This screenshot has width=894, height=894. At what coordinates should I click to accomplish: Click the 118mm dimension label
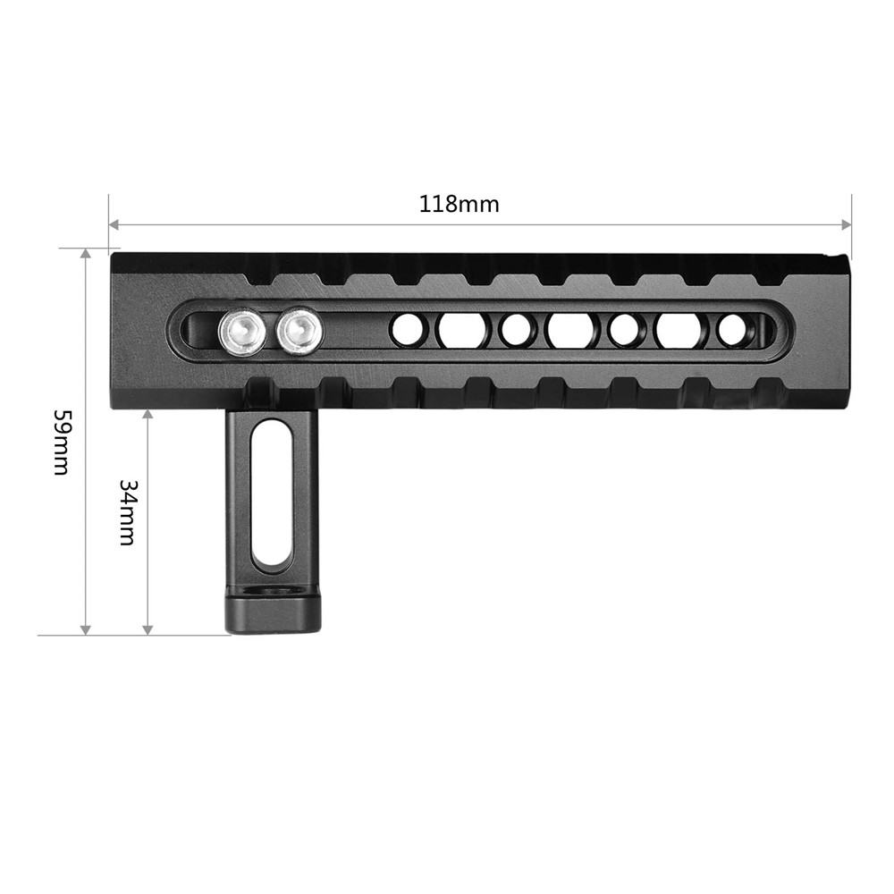point(459,204)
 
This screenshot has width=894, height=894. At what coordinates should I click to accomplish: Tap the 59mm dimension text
point(61,442)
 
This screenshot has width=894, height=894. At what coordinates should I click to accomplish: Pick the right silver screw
point(299,332)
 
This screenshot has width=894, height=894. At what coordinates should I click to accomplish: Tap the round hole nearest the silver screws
point(408,330)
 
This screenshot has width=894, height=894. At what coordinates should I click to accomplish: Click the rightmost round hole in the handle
point(734,330)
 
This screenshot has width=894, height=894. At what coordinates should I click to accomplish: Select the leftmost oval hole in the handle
point(462,330)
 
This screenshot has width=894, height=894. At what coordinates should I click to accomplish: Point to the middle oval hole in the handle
point(570,330)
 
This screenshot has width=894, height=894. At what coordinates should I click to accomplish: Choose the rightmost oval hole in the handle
point(680,330)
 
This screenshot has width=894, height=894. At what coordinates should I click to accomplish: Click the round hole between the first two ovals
point(516,330)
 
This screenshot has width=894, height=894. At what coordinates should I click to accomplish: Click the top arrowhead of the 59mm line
point(86,255)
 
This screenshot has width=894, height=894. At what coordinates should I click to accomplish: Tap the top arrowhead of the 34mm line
point(148,415)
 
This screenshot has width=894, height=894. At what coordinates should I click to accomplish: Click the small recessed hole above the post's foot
point(272,591)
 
